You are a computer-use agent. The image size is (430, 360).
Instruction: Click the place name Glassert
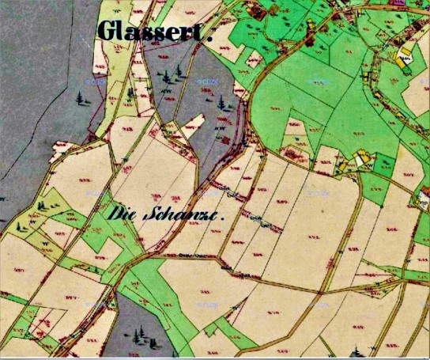point(155,31)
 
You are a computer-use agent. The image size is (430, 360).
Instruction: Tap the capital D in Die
point(114,213)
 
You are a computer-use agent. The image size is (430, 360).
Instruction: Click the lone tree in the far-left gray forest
point(79,99)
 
